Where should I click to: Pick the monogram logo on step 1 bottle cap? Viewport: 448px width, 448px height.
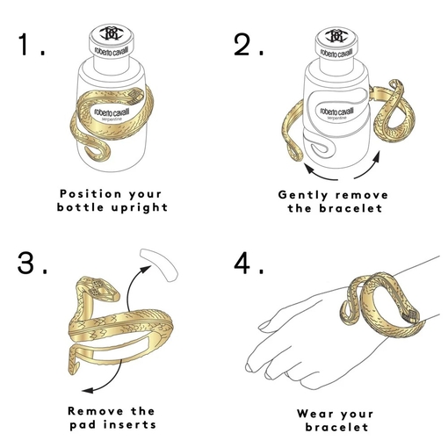pyautogui.click(x=110, y=33)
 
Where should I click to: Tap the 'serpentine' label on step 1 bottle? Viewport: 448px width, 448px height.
pyautogui.click(x=112, y=119)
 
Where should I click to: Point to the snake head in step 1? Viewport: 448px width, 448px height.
pyautogui.click(x=134, y=96)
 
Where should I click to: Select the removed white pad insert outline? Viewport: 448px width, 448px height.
pyautogui.click(x=160, y=264)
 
